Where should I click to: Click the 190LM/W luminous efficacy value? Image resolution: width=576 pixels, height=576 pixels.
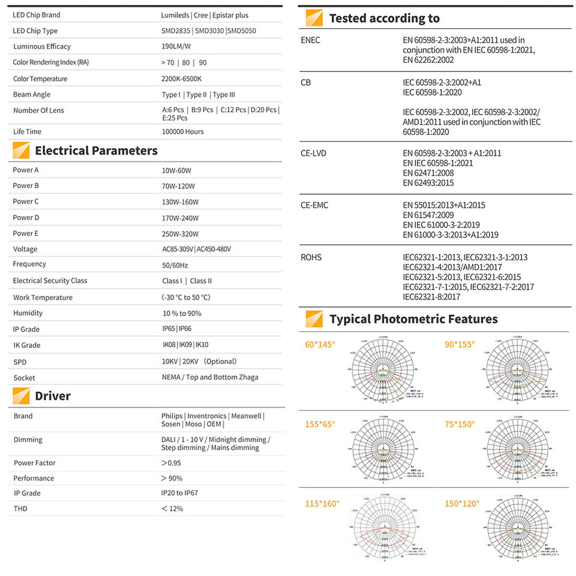[x=176, y=46]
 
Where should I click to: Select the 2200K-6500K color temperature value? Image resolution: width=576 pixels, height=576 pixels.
[x=182, y=79]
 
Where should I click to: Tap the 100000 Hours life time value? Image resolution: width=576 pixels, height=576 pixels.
[x=182, y=131]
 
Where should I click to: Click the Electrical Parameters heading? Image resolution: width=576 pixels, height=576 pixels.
[x=96, y=151]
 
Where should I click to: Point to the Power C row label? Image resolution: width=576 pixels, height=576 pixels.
[x=26, y=202]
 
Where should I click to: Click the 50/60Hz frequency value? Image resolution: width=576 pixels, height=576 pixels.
[x=175, y=265]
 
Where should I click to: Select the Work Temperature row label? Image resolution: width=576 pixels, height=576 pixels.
[x=43, y=298]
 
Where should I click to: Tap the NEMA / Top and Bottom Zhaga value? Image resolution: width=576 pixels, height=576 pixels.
[x=210, y=377]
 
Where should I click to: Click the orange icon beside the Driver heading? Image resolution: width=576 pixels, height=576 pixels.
[x=21, y=396]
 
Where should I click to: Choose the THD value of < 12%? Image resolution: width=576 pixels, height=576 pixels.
[x=172, y=509]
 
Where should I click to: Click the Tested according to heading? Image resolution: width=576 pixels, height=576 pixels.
[x=384, y=19]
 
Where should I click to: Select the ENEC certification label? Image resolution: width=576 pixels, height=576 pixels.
[x=310, y=40]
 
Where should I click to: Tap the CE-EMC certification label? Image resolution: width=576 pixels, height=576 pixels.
[x=314, y=205]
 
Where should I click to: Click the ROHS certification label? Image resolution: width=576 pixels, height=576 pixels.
[x=311, y=257]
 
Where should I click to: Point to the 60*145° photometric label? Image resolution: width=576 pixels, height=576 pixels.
[x=320, y=344]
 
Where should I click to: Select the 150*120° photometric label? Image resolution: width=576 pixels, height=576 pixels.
[x=462, y=503]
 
